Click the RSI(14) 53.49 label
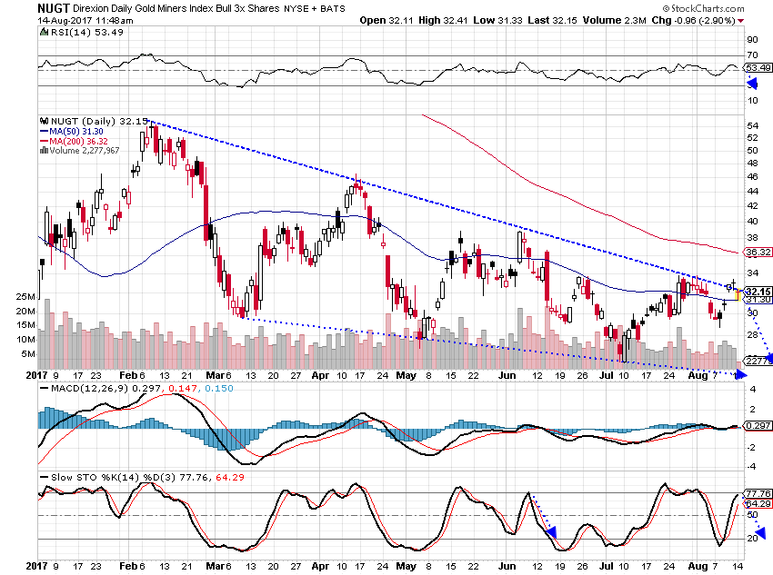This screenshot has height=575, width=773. [x=74, y=32]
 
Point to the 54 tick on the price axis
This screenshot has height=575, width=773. [x=752, y=125]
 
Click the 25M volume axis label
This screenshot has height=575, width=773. [x=25, y=297]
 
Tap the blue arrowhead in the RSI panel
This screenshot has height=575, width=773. [x=752, y=83]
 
